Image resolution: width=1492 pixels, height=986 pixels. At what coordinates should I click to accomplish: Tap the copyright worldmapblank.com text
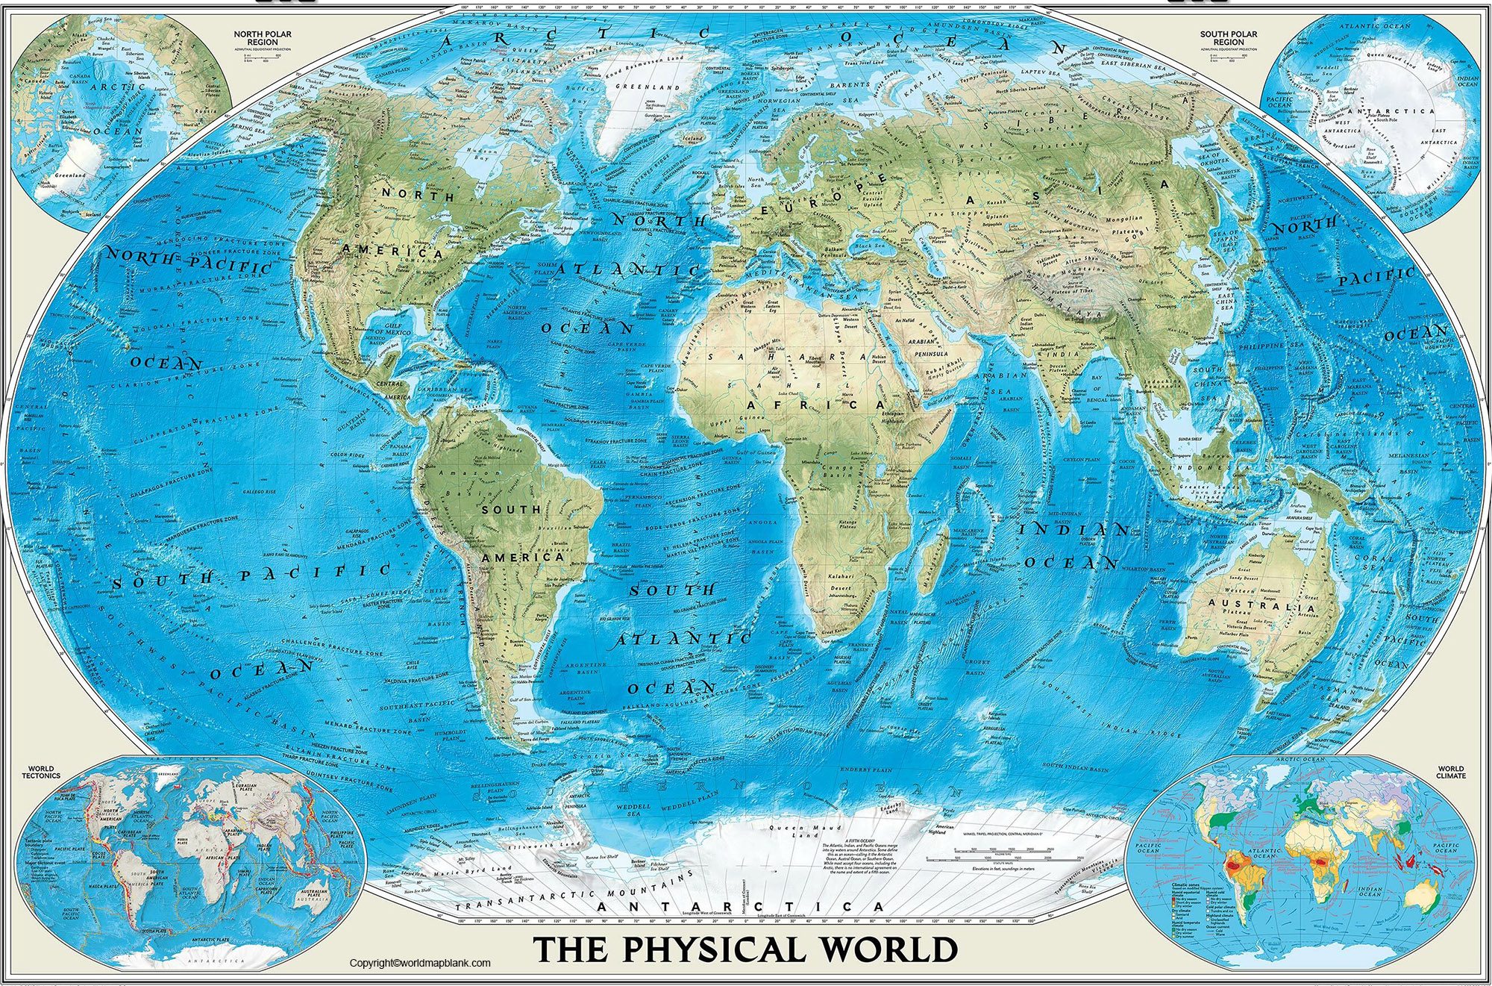coord(420,963)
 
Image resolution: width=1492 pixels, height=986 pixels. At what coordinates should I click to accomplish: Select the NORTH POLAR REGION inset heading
coord(263,38)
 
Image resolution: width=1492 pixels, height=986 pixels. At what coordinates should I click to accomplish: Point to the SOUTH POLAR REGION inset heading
coord(1228,38)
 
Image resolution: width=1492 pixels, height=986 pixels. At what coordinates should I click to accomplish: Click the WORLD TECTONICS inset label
coord(41,772)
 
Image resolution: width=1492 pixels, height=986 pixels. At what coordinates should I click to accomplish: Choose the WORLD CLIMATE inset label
coord(1451,772)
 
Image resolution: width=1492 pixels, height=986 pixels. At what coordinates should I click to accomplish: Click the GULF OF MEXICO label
coord(388,331)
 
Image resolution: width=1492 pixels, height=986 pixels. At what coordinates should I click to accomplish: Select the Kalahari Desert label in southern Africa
coord(840,581)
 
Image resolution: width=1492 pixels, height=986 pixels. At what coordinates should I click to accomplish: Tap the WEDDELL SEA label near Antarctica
coord(633,810)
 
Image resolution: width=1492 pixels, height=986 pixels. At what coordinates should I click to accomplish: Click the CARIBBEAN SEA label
coord(445,390)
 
